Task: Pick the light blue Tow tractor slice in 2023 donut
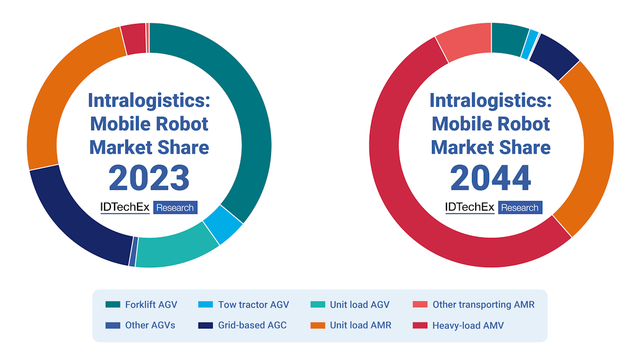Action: [223, 225]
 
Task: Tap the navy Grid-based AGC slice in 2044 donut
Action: [555, 61]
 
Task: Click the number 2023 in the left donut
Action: [149, 178]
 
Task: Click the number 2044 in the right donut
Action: [491, 178]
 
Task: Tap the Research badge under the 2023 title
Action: [175, 207]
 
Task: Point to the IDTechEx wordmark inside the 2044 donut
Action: [470, 207]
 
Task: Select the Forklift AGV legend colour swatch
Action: [113, 305]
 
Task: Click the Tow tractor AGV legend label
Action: [253, 305]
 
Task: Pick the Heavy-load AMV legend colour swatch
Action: [420, 325]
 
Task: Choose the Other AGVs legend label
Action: [150, 325]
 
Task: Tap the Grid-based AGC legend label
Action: [252, 325]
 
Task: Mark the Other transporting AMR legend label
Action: [483, 305]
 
